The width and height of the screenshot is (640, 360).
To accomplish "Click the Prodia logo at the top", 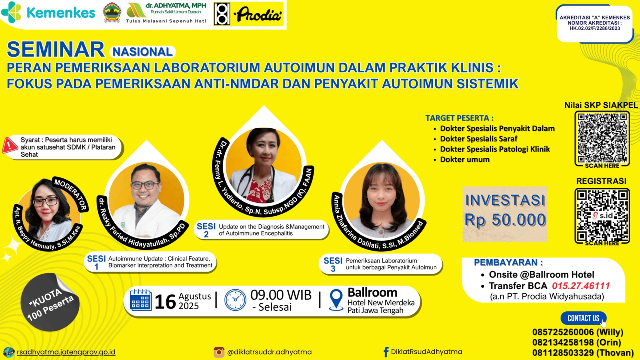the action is [248, 14].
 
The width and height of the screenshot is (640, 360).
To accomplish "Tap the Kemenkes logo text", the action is [61, 13].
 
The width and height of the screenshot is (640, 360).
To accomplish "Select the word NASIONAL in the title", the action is [142, 52].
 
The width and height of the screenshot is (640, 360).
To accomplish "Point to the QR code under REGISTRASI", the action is [602, 216].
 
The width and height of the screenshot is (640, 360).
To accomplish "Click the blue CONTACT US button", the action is [583, 318].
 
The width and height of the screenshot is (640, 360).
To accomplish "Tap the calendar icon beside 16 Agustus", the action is [140, 300].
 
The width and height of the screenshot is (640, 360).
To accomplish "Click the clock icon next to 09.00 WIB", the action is [235, 300].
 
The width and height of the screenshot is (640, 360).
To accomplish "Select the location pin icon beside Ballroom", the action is [336, 300].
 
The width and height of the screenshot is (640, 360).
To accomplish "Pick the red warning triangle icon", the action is [10, 145].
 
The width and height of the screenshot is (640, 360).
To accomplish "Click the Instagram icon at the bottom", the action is [219, 352].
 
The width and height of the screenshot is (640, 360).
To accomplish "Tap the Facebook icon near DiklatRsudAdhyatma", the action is [386, 352].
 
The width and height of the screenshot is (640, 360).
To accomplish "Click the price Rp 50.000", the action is [505, 220].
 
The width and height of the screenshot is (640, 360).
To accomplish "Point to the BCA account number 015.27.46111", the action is [580, 286].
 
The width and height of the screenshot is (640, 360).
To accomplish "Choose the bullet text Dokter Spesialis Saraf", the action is [478, 139].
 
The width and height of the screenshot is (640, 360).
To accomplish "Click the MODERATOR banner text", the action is [70, 194].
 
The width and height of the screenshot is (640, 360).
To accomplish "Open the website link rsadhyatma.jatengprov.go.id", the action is [66, 352].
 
